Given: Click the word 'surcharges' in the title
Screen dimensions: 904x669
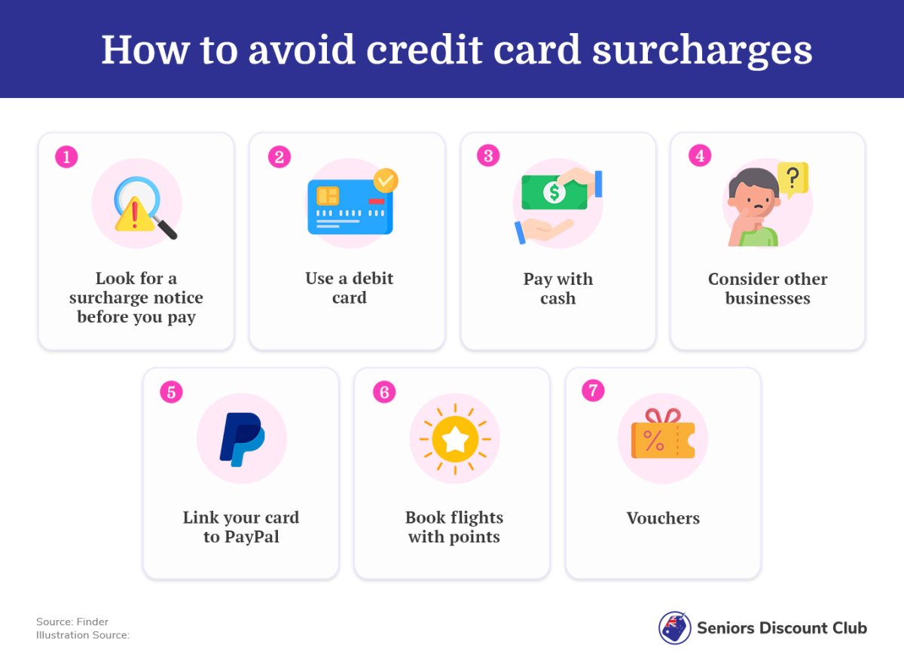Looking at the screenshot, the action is coord(702,50).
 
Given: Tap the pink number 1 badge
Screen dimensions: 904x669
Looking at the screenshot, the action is coord(66,157).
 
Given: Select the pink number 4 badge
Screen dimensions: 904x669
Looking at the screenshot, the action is coord(700,155).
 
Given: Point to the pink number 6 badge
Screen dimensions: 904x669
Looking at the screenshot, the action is coord(384,392).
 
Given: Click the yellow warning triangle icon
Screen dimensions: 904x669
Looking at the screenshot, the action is coord(135,215).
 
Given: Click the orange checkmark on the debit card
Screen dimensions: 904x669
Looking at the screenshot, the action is coord(386,181).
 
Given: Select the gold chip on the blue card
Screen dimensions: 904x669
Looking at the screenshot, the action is coord(328,196).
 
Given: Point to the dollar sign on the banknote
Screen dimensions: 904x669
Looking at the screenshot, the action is coord(554,192).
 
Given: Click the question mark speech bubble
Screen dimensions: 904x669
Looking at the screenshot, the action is coord(793,179).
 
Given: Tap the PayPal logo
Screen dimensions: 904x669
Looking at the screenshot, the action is coord(242,439).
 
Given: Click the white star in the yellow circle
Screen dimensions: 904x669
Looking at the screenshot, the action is coord(455,439).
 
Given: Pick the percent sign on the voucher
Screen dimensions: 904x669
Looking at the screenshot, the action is coord(654,441).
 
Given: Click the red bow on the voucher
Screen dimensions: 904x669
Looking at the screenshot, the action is coord(663,416).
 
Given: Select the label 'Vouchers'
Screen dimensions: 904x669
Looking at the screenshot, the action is coord(663,518).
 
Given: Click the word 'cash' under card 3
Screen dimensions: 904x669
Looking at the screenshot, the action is coord(558,298).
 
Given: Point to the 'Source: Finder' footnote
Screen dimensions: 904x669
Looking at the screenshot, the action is coord(72,622).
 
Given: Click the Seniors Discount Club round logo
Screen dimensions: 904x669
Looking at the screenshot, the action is coord(674,628).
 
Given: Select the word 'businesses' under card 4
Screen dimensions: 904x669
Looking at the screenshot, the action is coord(768,298).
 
